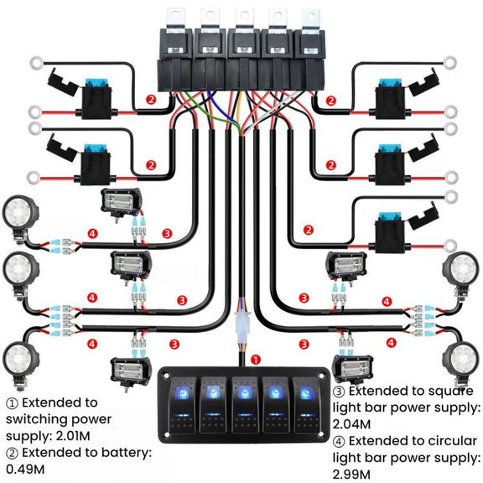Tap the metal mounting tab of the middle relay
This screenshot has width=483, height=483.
[244, 18]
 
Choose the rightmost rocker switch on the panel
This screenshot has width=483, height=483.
[306, 405]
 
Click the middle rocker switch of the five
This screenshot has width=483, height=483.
[245, 405]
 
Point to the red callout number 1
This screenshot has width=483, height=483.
[256, 360]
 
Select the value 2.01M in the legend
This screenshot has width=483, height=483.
[73, 436]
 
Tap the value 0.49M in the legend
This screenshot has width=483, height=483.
[25, 470]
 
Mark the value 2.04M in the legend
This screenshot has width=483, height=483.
[351, 424]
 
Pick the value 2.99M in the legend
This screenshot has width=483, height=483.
[351, 475]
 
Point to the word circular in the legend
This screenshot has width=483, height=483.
[452, 441]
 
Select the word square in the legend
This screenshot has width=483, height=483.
[454, 392]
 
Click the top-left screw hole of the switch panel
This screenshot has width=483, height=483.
[166, 376]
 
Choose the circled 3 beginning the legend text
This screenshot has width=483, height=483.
[339, 392]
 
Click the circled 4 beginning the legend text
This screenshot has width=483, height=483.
[339, 442]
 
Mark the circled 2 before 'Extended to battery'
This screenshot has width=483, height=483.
[13, 454]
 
